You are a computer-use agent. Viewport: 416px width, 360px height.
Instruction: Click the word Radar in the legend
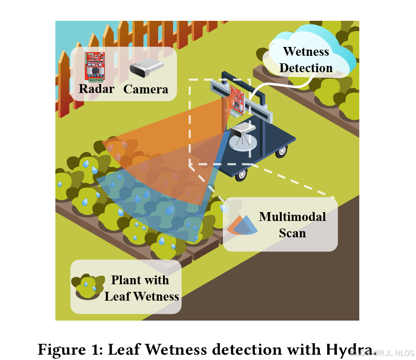tap(96, 89)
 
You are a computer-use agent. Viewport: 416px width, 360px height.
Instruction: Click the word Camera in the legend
tap(146, 89)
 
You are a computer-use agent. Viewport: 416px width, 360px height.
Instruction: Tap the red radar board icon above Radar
tap(95, 67)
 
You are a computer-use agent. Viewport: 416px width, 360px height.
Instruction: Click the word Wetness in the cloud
tap(306, 51)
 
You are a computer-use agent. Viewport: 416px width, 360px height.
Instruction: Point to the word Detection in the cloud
tap(306, 68)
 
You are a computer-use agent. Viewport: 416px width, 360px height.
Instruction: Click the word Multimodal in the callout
tap(292, 217)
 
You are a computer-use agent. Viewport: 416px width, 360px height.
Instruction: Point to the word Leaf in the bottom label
tap(117, 296)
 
